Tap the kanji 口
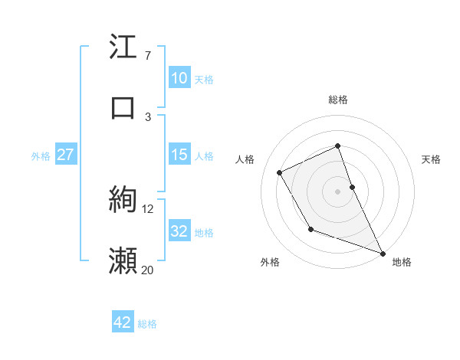click(123, 107)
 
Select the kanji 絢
click(123, 201)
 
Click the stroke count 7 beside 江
click(147, 56)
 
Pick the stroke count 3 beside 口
click(147, 116)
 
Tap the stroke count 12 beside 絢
click(147, 208)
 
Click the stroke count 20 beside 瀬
click(147, 269)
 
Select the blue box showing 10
click(179, 78)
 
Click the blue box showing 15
click(179, 155)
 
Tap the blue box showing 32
click(179, 231)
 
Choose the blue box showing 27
click(65, 155)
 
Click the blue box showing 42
click(123, 323)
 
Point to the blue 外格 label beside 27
click(41, 155)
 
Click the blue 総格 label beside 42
click(147, 324)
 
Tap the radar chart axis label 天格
click(432, 159)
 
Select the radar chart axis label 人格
click(245, 159)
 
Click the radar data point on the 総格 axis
click(337, 146)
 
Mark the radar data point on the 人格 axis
click(280, 172)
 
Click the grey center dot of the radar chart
click(337, 191)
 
